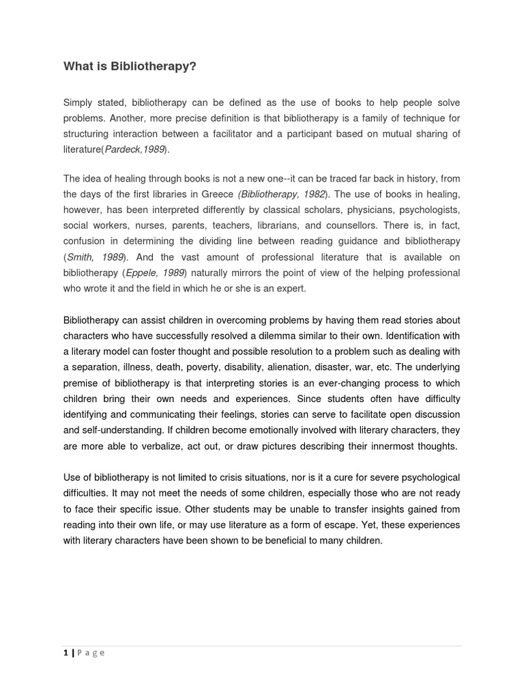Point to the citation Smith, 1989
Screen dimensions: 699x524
tap(96, 257)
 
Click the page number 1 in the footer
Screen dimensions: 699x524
tap(65, 653)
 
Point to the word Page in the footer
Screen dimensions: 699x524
tap(91, 653)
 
